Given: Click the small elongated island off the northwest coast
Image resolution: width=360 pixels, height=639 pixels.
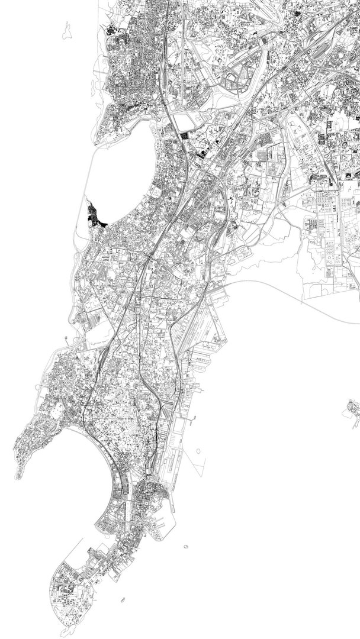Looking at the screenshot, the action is (67, 30).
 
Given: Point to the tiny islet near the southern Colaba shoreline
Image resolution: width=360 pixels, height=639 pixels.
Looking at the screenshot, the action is (123, 600).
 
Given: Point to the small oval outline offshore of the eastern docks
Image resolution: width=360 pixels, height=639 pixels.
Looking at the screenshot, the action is (198, 451).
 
